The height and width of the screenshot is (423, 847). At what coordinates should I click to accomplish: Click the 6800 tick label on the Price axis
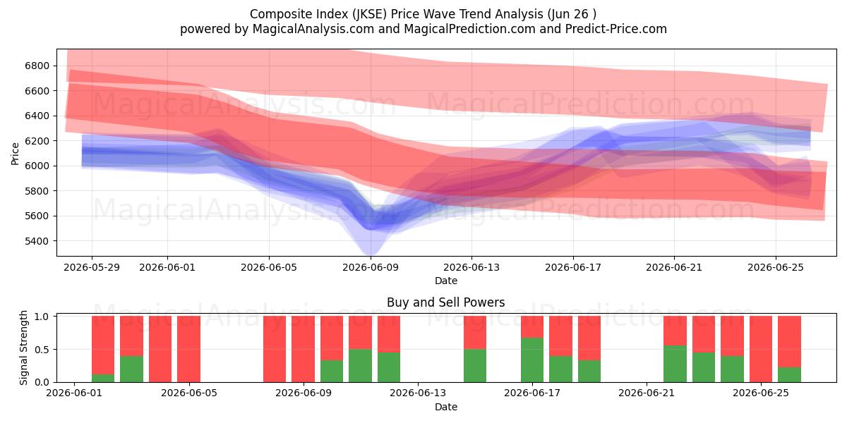click(x=37, y=66)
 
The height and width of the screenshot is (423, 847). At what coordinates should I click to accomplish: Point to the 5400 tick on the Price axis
click(x=37, y=241)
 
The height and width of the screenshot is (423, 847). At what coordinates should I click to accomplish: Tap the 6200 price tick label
click(x=37, y=141)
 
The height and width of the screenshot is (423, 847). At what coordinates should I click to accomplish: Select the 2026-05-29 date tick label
click(x=92, y=267)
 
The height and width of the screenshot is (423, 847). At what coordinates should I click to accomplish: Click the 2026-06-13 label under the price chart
click(x=471, y=267)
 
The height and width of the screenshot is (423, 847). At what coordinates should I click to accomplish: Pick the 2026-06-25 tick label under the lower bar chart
click(x=761, y=393)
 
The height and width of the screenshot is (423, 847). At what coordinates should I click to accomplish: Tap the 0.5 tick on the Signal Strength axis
click(x=42, y=350)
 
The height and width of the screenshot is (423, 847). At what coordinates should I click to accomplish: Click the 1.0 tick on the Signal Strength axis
click(x=42, y=317)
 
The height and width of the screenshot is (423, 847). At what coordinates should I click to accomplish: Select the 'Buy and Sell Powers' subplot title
click(x=446, y=302)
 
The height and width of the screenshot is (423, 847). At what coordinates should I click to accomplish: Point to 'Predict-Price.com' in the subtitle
click(x=616, y=29)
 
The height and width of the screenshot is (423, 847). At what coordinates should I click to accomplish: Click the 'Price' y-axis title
click(x=15, y=154)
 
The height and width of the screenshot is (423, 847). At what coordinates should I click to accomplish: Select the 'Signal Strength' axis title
click(x=23, y=348)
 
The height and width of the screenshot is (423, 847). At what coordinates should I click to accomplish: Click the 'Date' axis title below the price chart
click(x=446, y=281)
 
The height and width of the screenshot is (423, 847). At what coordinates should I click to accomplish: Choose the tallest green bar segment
click(x=532, y=360)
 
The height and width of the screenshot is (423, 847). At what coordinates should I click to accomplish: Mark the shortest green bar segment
click(x=103, y=378)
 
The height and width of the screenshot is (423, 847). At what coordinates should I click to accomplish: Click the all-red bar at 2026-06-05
click(x=188, y=349)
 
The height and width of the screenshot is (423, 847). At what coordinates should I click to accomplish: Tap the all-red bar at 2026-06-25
click(x=761, y=349)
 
